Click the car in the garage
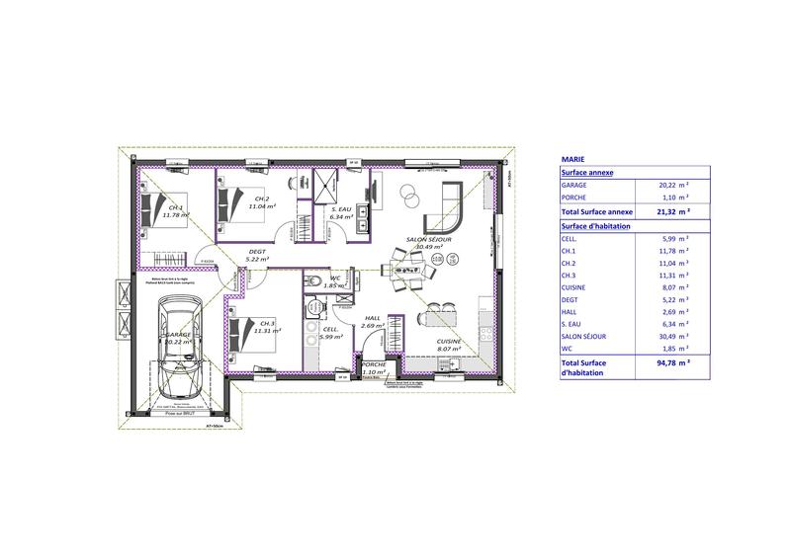click(x=179, y=341)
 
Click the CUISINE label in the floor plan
click(x=450, y=344)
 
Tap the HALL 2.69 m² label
click(x=373, y=321)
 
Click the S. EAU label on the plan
click(x=341, y=213)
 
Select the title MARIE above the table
click(x=571, y=157)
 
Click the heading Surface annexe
click(x=587, y=171)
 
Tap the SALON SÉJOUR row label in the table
click(x=583, y=336)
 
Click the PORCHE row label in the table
click(x=574, y=198)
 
